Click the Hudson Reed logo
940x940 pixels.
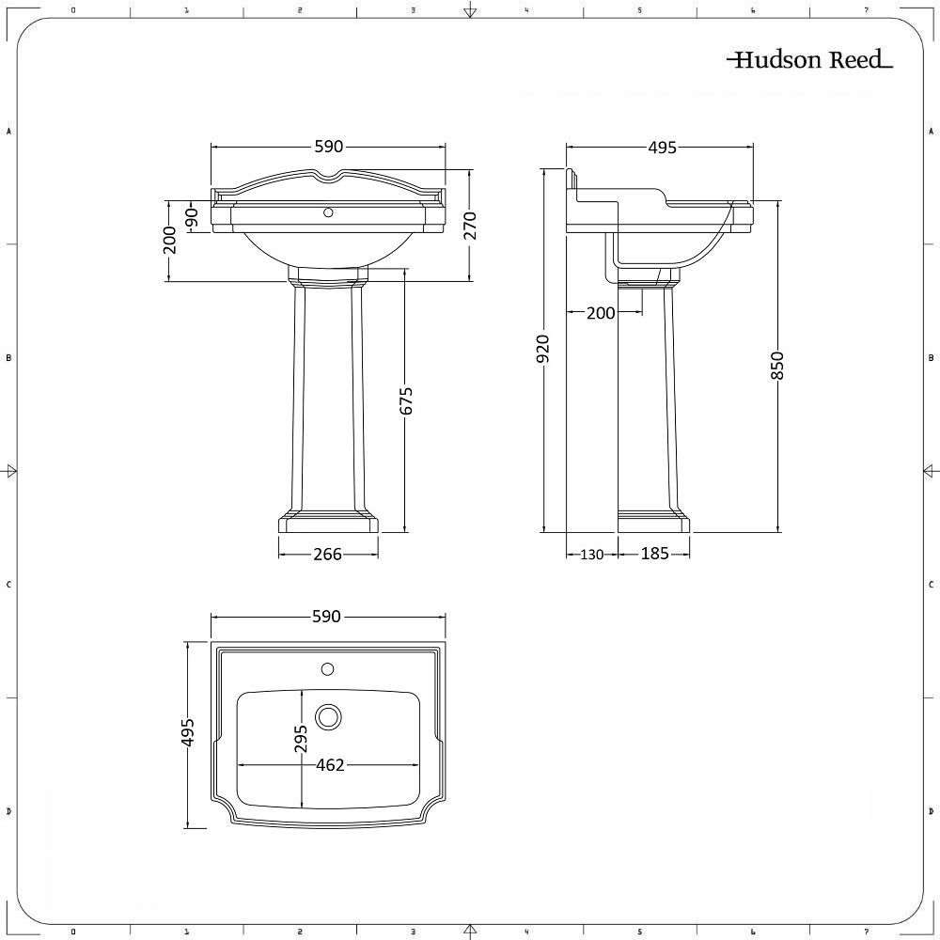pos(808,61)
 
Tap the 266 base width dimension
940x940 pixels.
pos(327,555)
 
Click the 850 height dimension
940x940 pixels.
pos(776,365)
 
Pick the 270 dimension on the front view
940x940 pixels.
pos(471,227)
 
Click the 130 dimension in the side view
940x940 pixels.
pos(591,555)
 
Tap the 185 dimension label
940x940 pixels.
pos(654,555)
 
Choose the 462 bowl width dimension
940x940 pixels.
pos(329,765)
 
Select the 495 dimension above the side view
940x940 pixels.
pos(662,148)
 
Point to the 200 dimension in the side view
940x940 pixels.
pos(600,313)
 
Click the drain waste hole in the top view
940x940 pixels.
pos(328,717)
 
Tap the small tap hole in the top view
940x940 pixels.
pos(328,670)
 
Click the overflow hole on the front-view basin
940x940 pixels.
pos(328,213)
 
